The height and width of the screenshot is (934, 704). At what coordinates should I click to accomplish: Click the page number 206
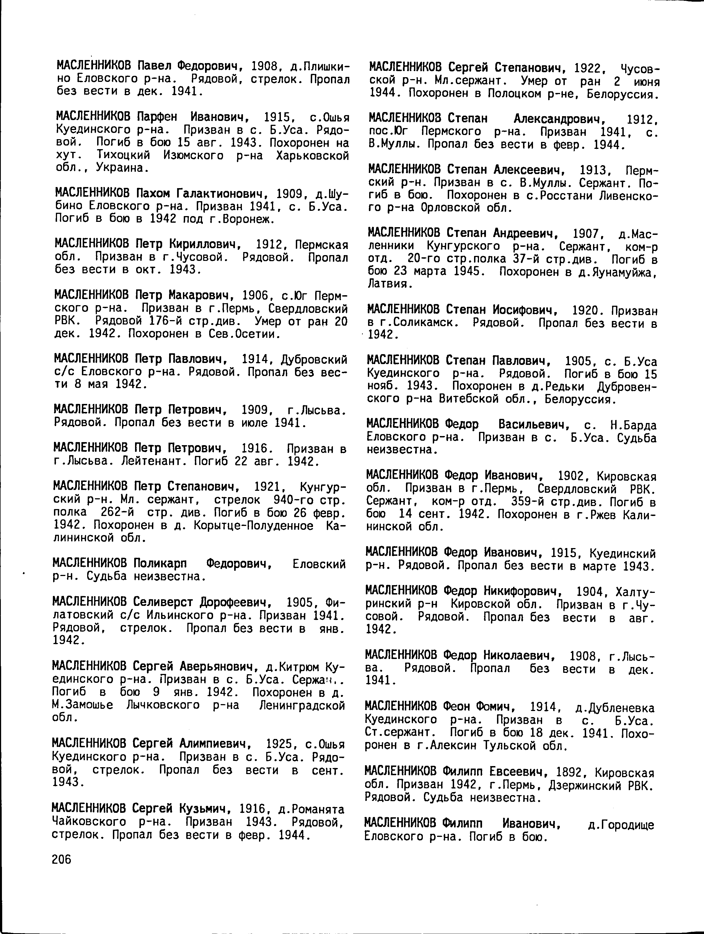tap(62, 860)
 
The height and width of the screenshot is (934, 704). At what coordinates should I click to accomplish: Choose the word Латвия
tap(388, 285)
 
